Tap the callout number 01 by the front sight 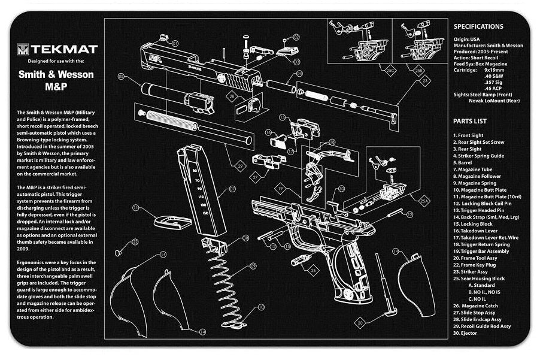pyautogui.click(x=175, y=44)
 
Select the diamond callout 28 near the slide pyautogui.click(x=230, y=96)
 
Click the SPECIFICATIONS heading pyautogui.click(x=478, y=26)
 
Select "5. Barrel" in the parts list pyautogui.click(x=464, y=162)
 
